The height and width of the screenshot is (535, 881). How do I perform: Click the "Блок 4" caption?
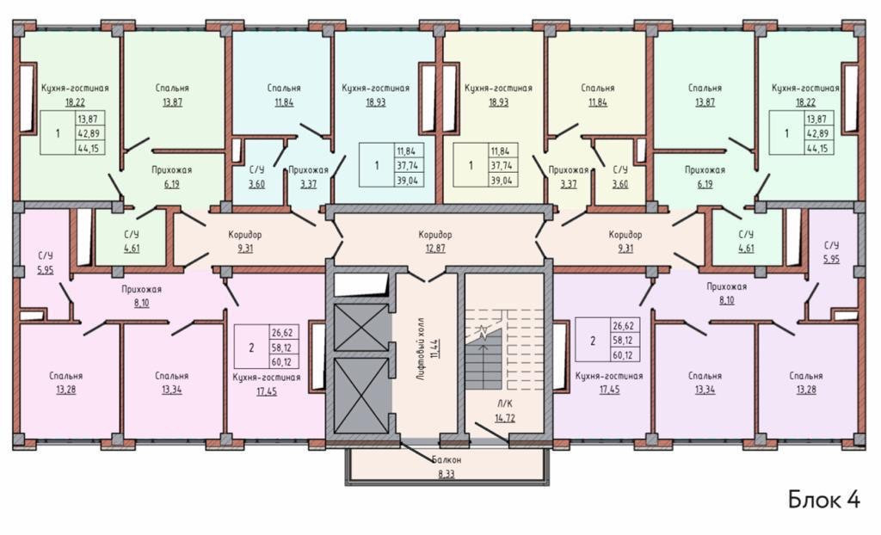point(824,499)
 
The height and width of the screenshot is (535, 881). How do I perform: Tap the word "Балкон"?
point(447,459)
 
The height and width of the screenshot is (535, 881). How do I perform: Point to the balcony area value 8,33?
point(447,474)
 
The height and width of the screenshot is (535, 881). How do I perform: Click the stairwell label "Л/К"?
point(504,403)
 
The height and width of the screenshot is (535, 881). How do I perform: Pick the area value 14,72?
point(504,417)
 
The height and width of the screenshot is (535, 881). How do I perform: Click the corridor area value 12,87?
point(434,248)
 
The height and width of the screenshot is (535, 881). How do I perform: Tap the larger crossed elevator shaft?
point(361,397)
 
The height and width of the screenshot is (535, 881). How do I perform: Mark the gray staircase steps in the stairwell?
point(484,360)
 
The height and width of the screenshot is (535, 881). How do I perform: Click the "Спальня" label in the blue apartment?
point(284,88)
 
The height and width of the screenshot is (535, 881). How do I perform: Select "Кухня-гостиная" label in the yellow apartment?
point(498,88)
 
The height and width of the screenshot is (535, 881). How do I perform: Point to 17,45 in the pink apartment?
point(267,391)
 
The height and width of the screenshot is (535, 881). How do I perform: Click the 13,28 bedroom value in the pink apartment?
point(65,390)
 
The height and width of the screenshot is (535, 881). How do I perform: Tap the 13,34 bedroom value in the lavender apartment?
point(705,390)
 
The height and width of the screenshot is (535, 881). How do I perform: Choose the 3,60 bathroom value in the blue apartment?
point(256,184)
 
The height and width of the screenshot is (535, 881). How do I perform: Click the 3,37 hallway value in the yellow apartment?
point(569,184)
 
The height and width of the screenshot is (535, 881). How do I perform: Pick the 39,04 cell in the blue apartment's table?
point(408,180)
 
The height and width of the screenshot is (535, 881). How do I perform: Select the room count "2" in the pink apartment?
point(251,347)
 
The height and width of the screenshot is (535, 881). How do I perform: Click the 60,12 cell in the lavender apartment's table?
point(625,355)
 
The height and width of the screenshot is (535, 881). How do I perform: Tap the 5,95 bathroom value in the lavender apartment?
point(831,259)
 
